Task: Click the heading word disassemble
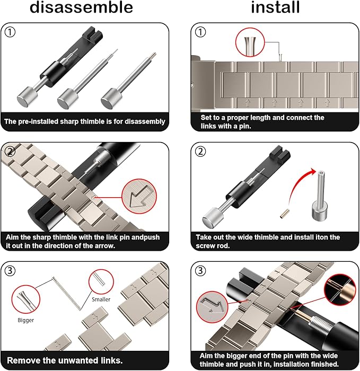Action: click(x=81, y=7)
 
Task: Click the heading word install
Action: click(x=275, y=7)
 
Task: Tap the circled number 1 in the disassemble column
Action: click(x=10, y=32)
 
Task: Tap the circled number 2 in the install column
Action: click(x=200, y=152)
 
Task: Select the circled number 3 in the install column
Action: click(x=200, y=271)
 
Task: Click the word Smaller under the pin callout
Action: click(x=101, y=299)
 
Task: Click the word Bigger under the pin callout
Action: click(x=26, y=320)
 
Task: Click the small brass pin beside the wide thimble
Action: click(x=283, y=214)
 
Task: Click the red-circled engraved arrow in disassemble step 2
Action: click(x=139, y=196)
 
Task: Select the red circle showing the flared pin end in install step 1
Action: click(x=250, y=42)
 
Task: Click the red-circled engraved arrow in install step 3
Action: click(x=212, y=307)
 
